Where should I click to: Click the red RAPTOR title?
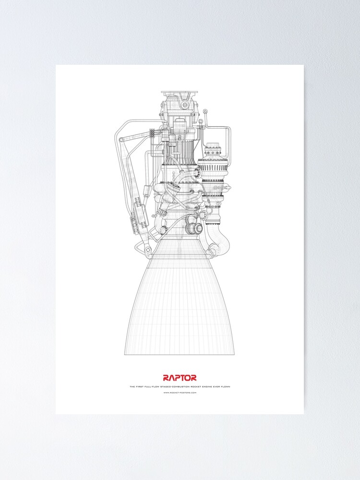(180, 378)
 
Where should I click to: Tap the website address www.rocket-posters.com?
(180, 392)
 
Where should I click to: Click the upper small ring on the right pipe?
(205, 112)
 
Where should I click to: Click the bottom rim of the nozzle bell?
(180, 354)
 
